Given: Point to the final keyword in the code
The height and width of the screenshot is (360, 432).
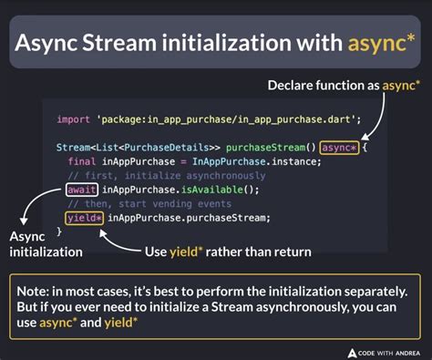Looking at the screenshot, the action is click(x=84, y=160).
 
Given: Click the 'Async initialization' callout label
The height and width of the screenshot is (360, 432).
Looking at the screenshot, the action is click(x=45, y=244).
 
